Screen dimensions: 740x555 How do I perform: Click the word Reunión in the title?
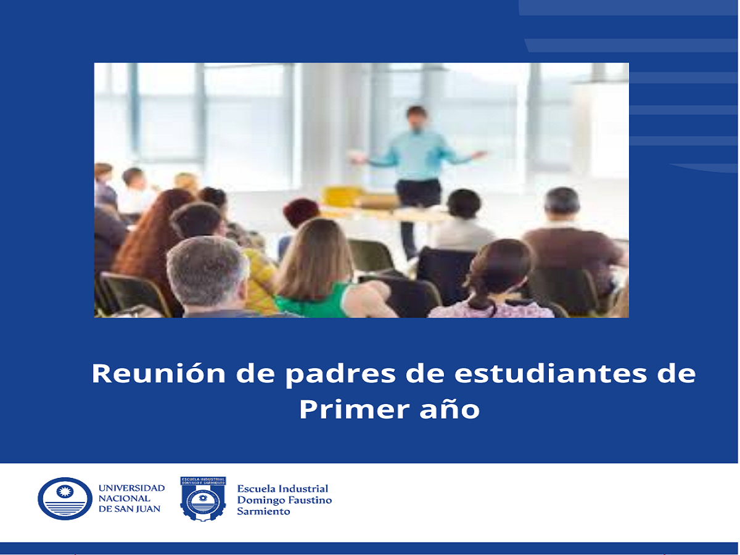tap(158, 373)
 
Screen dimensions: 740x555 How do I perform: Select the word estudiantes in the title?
tap(551, 373)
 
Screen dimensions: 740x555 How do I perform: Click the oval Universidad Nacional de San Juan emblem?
tap(65, 499)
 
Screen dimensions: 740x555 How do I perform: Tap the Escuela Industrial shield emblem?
tap(203, 499)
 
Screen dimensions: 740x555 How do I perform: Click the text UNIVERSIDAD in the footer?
tap(131, 488)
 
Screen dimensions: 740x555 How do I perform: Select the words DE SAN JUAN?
tap(129, 509)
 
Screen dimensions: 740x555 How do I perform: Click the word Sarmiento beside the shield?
tap(263, 512)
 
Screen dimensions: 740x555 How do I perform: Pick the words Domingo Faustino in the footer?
tap(284, 500)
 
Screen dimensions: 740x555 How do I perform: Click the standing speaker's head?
tap(417, 118)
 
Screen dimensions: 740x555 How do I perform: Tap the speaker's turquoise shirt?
tap(418, 154)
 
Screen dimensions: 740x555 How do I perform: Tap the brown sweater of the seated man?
tap(573, 249)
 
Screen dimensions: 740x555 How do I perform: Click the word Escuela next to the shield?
tap(254, 489)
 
